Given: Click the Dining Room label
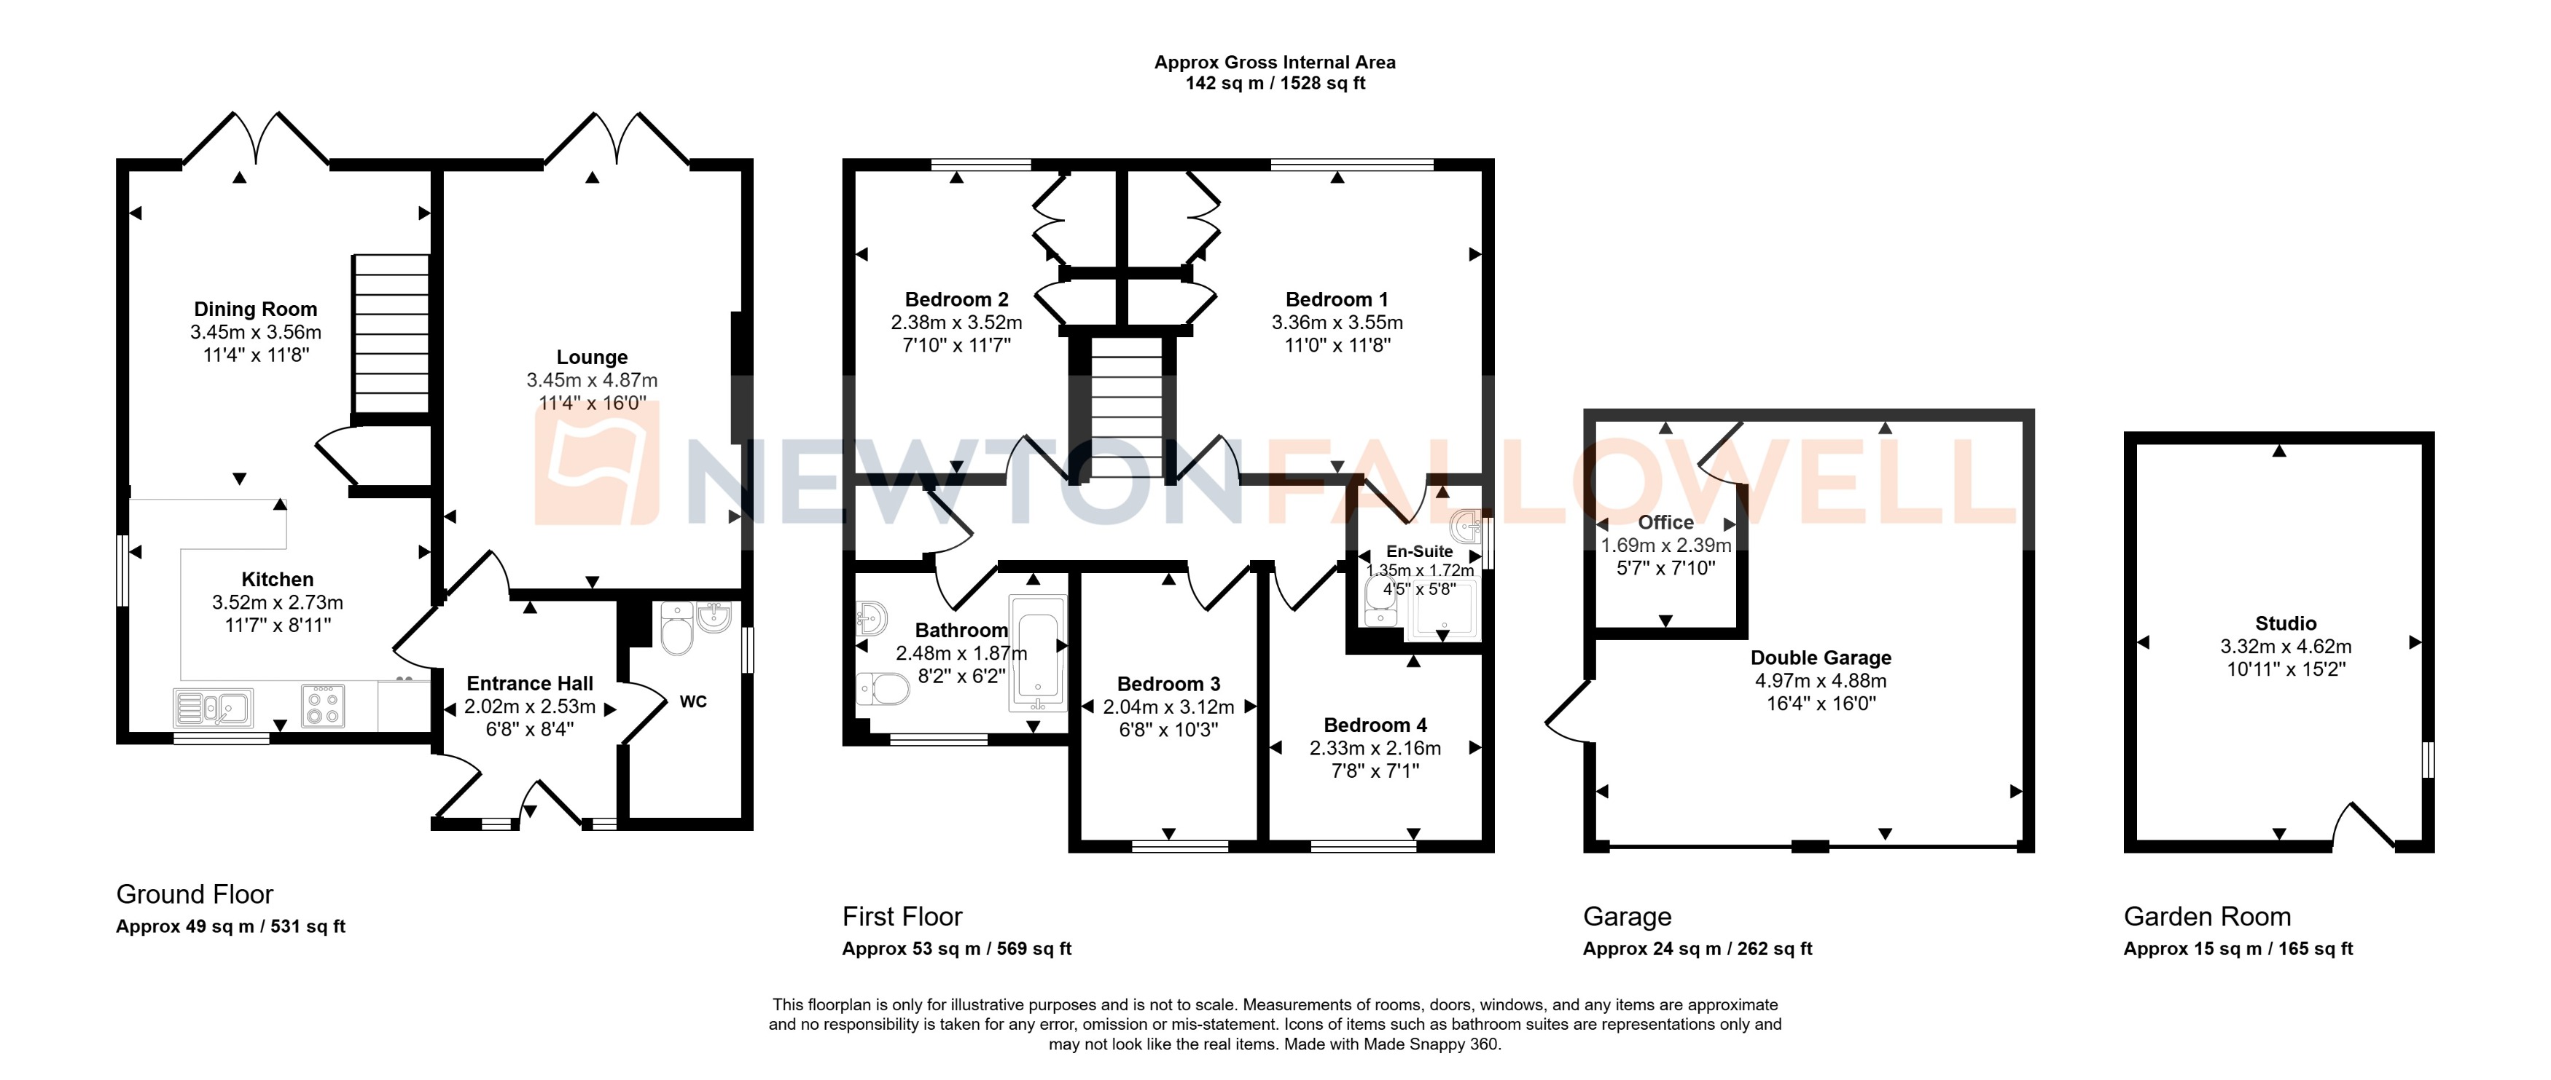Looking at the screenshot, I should tap(256, 310).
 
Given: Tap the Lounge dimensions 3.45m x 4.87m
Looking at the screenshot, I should tap(592, 380).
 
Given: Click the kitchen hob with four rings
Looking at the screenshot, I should tap(323, 708).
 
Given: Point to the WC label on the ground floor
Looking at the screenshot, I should tap(693, 702).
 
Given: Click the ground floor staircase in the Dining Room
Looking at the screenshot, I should tap(391, 334).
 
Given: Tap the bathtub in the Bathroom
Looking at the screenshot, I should tap(1038, 653).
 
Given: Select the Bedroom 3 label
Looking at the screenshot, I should tap(1168, 684).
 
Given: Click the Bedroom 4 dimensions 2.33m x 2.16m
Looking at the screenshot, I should tap(1375, 749).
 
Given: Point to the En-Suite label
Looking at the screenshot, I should tap(1419, 551).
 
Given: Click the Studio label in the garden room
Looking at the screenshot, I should tap(2286, 623).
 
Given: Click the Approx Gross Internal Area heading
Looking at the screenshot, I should tap(1275, 63).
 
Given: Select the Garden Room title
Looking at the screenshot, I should tap(2206, 917).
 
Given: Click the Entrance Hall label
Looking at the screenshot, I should tap(530, 684).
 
